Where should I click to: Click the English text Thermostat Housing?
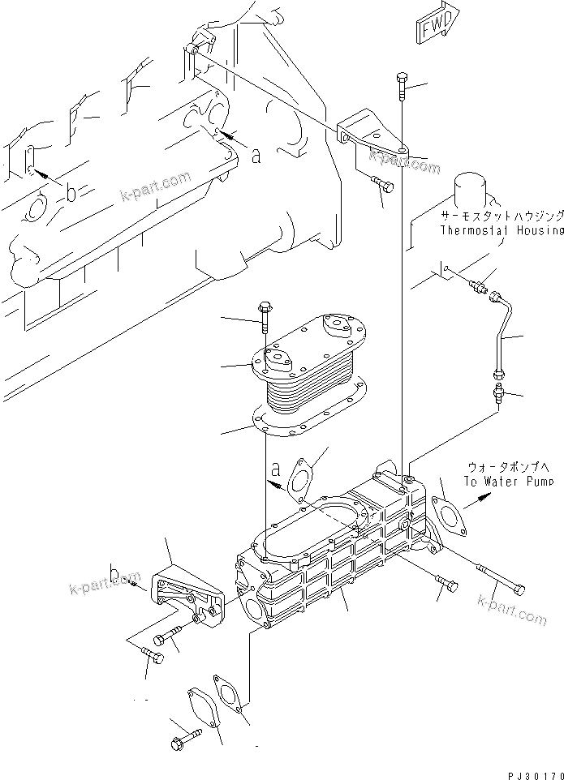501,230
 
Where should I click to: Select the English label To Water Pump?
509,481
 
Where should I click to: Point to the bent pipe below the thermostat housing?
503,332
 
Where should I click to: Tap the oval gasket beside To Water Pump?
446,507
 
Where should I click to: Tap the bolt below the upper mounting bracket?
381,184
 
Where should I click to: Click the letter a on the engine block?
256,156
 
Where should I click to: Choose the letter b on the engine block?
71,193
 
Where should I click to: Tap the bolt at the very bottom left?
181,741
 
